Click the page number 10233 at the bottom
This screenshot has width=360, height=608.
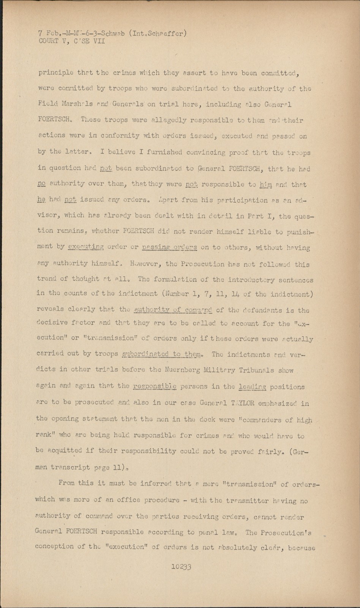point(181,567)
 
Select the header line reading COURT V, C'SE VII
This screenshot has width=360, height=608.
point(72,41)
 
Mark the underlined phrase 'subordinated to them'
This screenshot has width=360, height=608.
point(161,354)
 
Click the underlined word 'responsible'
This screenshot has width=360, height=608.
point(155,386)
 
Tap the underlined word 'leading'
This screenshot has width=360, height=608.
point(253,387)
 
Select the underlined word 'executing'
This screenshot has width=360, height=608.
point(85,247)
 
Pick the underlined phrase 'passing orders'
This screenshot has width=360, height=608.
point(169,247)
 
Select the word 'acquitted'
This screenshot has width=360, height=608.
point(64,451)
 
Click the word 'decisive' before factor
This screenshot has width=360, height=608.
point(51,323)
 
